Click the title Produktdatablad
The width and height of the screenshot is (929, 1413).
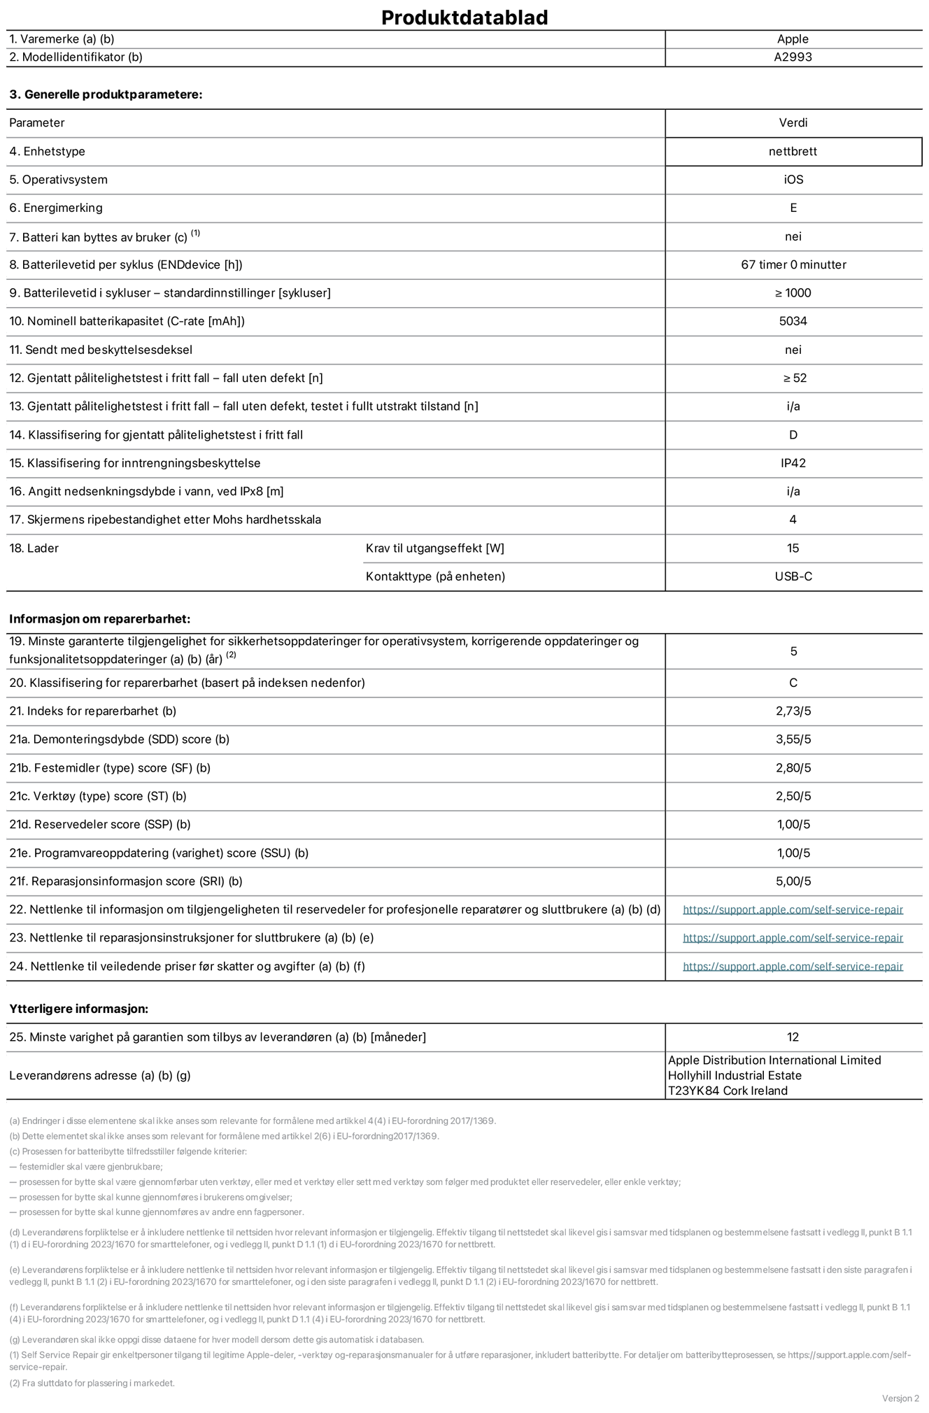click(464, 17)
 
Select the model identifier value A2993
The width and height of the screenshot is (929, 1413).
click(793, 57)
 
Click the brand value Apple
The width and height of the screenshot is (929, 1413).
click(793, 39)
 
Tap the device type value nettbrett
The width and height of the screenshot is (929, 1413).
click(793, 151)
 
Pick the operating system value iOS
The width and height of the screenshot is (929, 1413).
click(793, 180)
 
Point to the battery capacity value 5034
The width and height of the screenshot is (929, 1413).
click(793, 321)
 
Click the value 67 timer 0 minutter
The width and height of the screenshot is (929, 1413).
click(793, 264)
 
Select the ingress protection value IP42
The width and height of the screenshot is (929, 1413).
click(793, 463)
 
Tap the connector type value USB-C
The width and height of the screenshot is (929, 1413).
click(793, 576)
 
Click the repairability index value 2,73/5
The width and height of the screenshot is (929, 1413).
click(793, 711)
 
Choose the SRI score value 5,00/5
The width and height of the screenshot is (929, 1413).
click(793, 881)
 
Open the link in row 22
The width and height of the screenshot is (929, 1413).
click(793, 909)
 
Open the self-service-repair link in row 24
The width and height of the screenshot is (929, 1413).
click(793, 966)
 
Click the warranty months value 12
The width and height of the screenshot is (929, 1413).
click(793, 1037)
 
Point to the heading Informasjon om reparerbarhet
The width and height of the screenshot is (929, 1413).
click(99, 619)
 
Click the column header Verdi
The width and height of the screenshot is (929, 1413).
click(793, 122)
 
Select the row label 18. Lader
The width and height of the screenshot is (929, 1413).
click(34, 548)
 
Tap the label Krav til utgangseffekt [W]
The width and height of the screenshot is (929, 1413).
click(434, 548)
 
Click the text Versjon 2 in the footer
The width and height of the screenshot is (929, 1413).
click(900, 1398)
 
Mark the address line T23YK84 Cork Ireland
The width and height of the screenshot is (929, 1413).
click(728, 1091)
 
